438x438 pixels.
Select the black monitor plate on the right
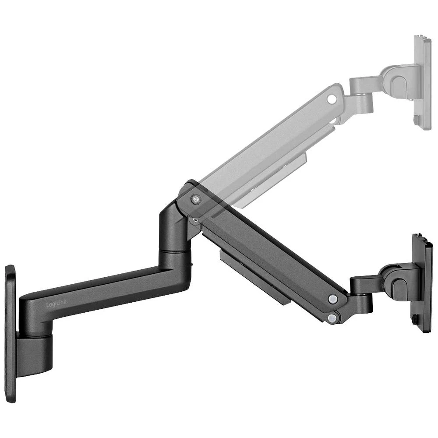point(422,283)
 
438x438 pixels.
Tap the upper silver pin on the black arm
point(333,299)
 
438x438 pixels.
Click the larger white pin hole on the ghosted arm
point(332,99)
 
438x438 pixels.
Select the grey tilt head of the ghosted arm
point(396,81)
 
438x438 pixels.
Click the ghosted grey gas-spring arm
point(272,140)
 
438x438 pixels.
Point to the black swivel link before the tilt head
point(364,289)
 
